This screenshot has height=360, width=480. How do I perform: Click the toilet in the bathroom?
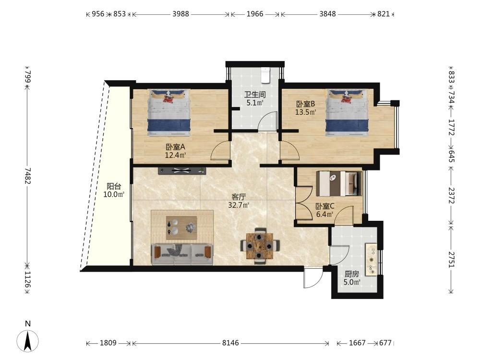[265, 75]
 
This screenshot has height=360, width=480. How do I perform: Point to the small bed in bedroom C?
[339, 183]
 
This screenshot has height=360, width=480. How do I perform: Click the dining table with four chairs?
[260, 246]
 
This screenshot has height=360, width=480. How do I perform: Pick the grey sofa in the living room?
[182, 254]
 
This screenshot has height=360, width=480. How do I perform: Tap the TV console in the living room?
[182, 171]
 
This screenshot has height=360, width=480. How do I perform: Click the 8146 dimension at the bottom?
[230, 343]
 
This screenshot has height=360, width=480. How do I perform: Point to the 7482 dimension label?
[28, 175]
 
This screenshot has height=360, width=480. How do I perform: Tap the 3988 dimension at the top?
[180, 14]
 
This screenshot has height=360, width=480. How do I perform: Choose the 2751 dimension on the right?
[451, 259]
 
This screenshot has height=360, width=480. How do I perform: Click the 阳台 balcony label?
[114, 186]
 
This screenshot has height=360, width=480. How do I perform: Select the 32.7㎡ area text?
[239, 205]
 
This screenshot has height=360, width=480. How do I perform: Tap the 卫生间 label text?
[255, 95]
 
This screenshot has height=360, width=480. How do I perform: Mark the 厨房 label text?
[352, 274]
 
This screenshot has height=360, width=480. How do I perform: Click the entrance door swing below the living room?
[313, 277]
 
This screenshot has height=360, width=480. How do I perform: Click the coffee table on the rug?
[181, 228]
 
